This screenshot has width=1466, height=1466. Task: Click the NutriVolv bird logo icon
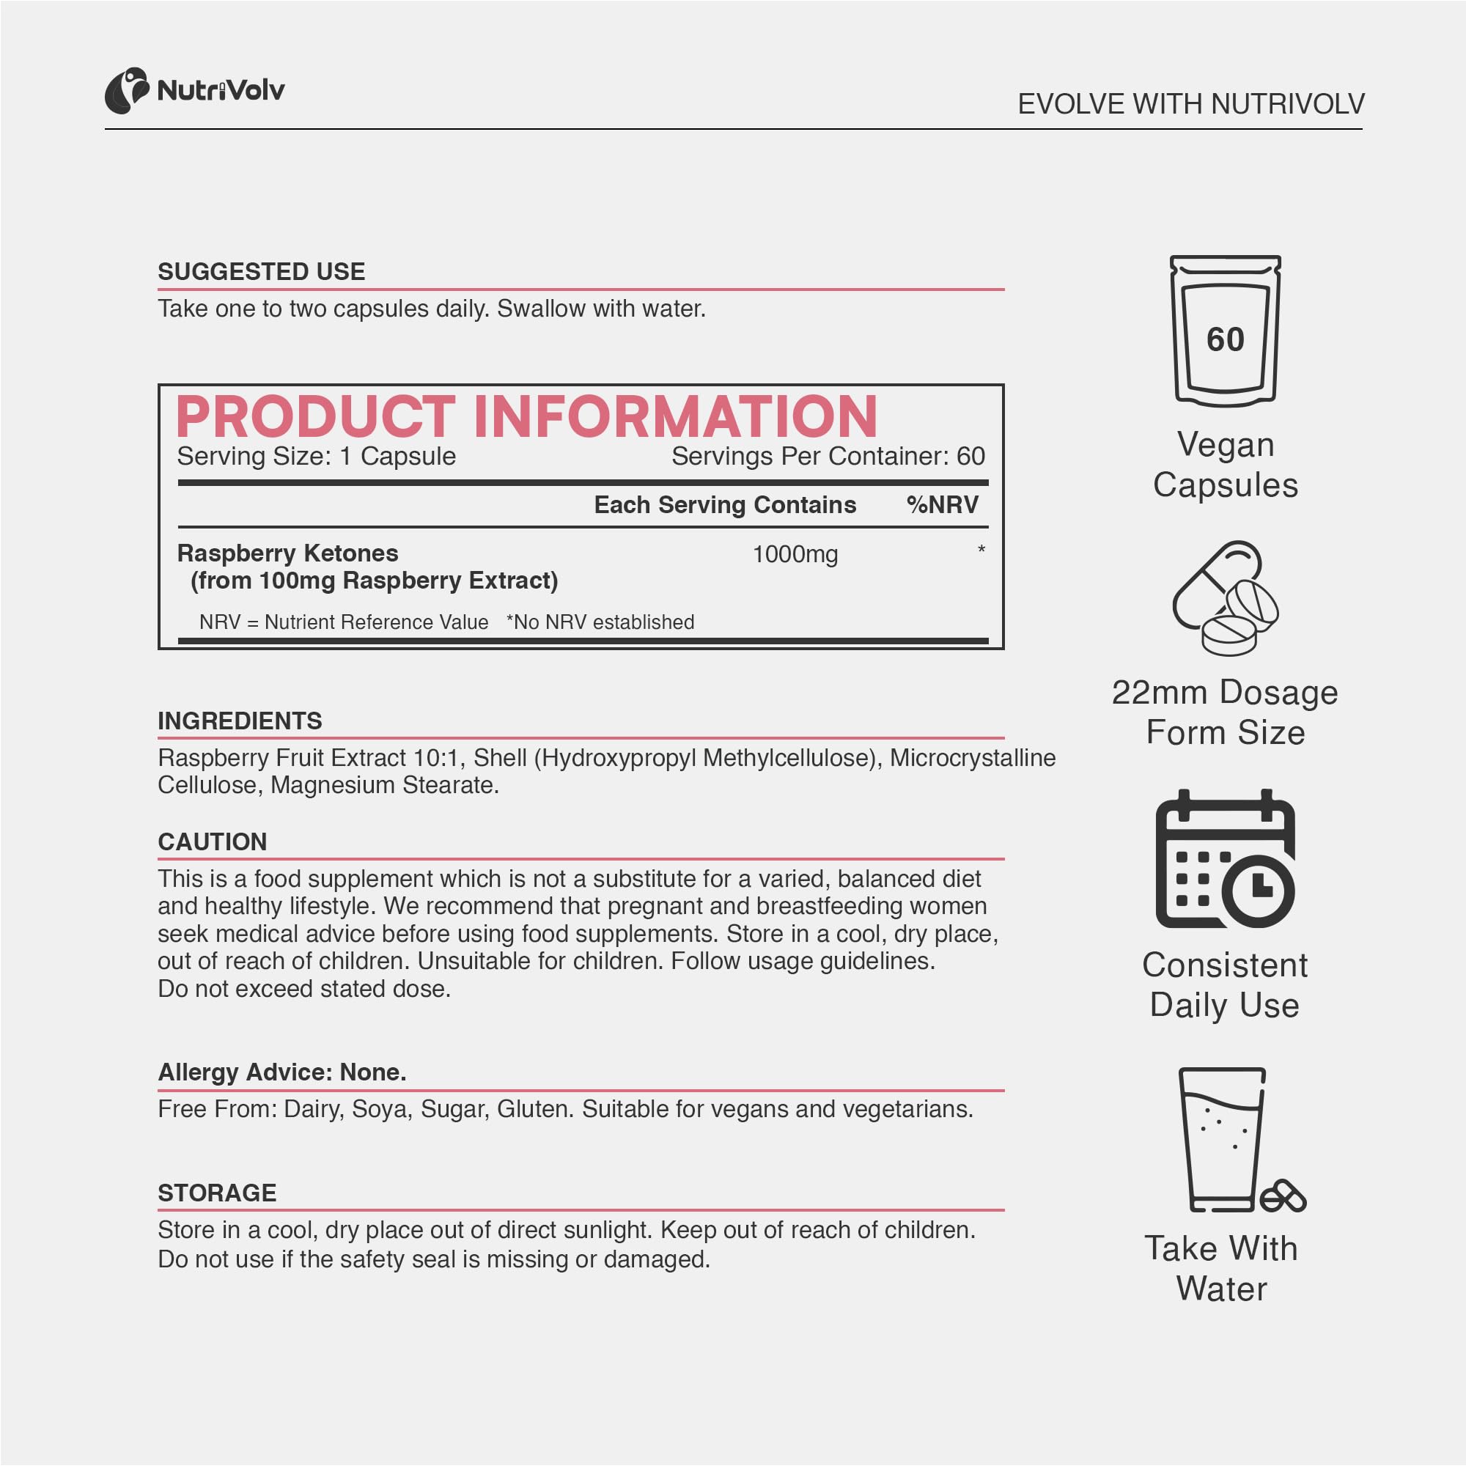click(x=126, y=91)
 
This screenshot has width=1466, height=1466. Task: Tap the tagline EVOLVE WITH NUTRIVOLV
click(x=1190, y=104)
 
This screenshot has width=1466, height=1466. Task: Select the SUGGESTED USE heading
click(x=261, y=272)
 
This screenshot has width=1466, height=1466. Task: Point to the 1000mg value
click(x=795, y=555)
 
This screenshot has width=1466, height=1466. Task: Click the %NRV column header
click(x=942, y=505)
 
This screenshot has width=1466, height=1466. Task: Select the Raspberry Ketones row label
click(x=287, y=553)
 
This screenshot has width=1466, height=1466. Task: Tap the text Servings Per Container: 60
click(x=828, y=457)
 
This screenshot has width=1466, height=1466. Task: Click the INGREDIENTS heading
click(x=240, y=721)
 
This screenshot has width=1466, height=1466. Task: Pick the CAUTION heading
click(x=213, y=841)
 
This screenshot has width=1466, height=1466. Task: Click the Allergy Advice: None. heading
click(x=282, y=1072)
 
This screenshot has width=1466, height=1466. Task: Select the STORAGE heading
click(x=217, y=1193)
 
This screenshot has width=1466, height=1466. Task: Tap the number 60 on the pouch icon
click(x=1226, y=339)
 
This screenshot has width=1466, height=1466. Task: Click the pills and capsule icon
click(x=1225, y=598)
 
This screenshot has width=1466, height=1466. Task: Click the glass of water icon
click(x=1221, y=1138)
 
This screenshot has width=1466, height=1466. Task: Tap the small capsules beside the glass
click(x=1282, y=1198)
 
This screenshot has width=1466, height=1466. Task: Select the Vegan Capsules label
click(x=1226, y=465)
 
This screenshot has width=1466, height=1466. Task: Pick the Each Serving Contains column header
click(x=725, y=505)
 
